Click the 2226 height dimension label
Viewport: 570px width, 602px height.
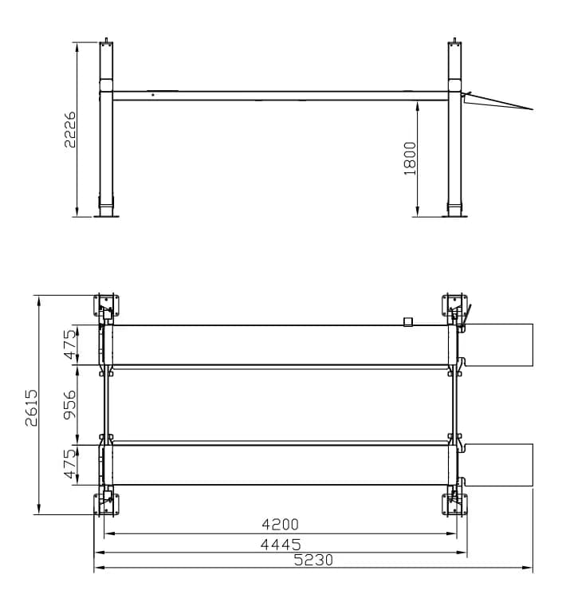[x=70, y=130]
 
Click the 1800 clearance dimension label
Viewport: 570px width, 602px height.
[x=410, y=158]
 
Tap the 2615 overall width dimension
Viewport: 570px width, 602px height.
[x=31, y=407]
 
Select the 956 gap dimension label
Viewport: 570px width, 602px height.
[x=70, y=405]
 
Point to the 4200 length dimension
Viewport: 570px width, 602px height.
[x=280, y=524]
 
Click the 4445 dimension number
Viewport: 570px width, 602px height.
[x=281, y=545]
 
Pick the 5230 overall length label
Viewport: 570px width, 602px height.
[x=313, y=561]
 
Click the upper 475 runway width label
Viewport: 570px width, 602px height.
[x=70, y=344]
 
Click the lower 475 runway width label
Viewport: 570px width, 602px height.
[x=70, y=464]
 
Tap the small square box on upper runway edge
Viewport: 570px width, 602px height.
[x=407, y=321]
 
